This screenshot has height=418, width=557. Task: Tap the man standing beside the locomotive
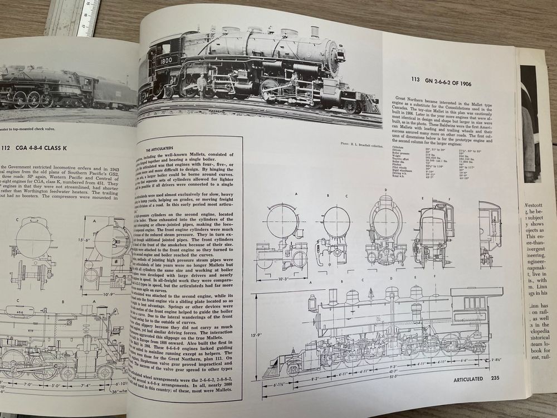pos(202,87)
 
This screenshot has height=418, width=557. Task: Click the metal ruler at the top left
pos(72,17)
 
